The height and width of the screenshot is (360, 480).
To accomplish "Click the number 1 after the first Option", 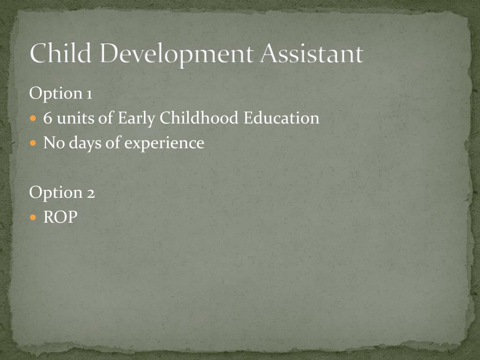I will (x=89, y=94).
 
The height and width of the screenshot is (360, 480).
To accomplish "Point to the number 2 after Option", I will (x=90, y=192).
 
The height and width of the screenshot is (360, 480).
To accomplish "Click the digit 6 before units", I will (x=47, y=118).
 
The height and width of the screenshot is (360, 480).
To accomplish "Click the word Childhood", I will (x=199, y=118).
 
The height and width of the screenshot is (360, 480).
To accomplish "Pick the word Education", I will (x=281, y=118).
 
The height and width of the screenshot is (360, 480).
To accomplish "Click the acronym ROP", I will (x=60, y=217).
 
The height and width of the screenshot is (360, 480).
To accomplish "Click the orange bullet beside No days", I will (x=33, y=143).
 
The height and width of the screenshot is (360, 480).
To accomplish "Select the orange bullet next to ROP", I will (x=33, y=217).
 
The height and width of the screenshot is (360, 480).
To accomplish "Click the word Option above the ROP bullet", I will (x=56, y=193).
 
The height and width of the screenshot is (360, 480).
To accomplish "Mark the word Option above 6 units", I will (x=56, y=94).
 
